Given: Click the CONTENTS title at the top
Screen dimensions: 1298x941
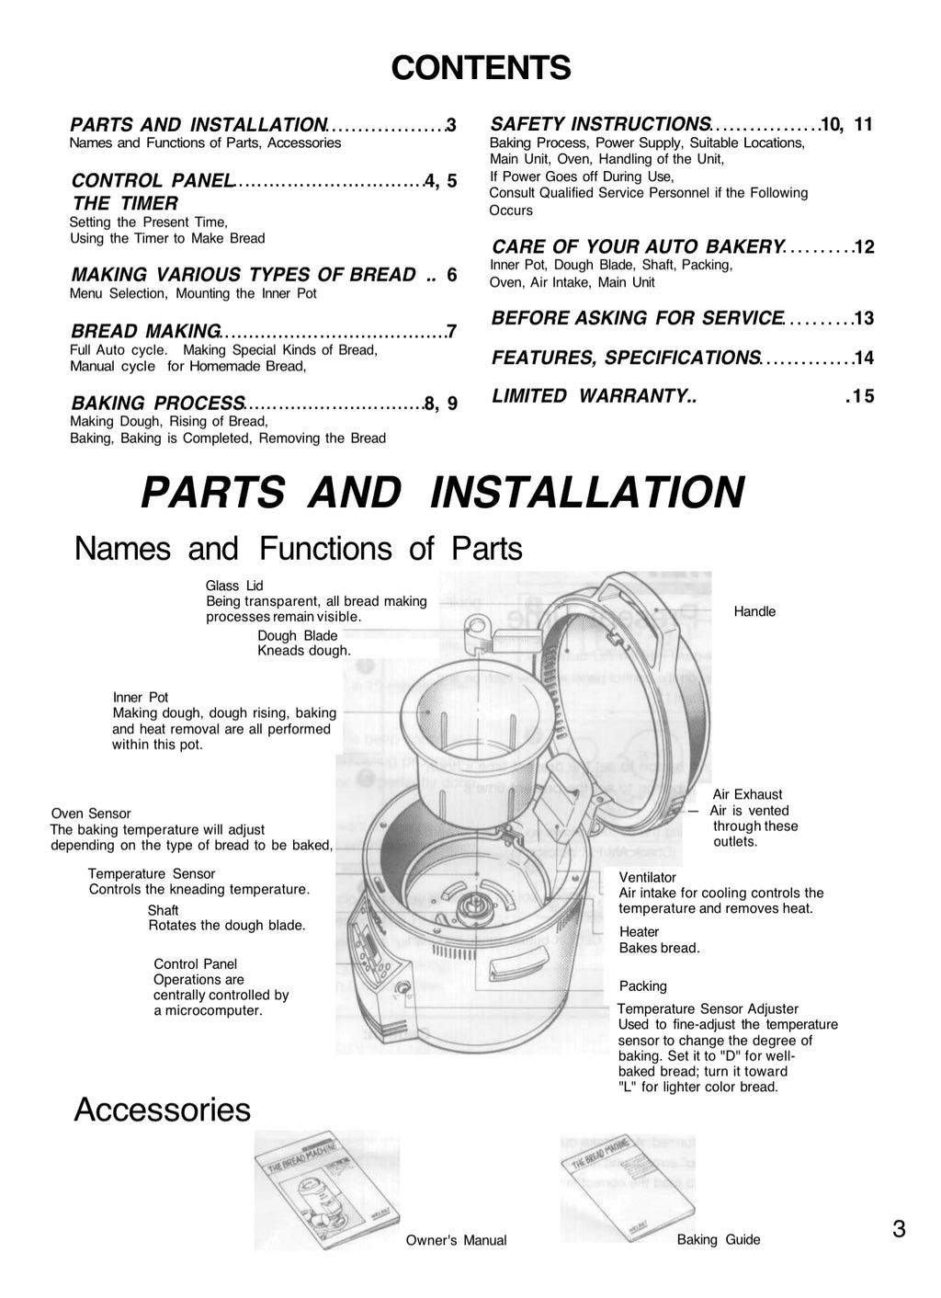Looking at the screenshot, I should pos(481,68).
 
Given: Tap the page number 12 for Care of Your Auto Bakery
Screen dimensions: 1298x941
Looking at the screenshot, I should pos(864,247).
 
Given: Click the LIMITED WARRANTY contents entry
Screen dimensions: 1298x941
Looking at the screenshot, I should pos(594,396).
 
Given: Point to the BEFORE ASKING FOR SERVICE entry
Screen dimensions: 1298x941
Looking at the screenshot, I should pos(637,318).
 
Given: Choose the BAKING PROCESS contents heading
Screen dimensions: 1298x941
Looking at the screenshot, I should pos(157,403).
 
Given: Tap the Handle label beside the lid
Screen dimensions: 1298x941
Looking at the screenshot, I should pos(754,611).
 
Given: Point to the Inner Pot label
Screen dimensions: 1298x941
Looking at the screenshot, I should pos(141,698).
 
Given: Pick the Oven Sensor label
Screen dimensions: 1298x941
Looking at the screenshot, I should pos(91,814).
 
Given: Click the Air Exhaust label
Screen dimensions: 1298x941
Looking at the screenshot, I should pos(747,794).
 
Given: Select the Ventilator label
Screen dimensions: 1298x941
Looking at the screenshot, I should pos(647,878).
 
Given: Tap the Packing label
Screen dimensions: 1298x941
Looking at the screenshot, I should pos(642,986).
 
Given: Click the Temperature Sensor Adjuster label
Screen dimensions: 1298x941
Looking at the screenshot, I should pos(708,1009).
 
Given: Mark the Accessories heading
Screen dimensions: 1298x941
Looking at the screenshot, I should pos(162,1110).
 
